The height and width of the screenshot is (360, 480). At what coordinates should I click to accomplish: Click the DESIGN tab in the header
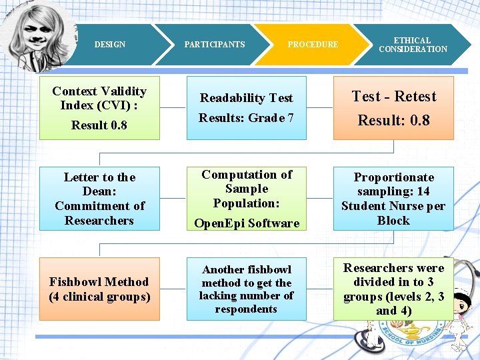pos(110,45)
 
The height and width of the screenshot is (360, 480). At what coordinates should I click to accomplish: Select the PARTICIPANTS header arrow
pos(214,45)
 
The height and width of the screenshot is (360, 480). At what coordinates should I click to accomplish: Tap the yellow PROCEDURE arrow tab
pos(313,45)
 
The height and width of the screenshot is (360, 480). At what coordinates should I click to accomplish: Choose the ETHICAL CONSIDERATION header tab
pos(413,45)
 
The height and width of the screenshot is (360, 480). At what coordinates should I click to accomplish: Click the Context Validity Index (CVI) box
pos(99,107)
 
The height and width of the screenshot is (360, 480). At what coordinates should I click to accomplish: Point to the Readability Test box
pos(246,107)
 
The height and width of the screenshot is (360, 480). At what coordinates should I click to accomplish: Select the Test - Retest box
pos(393,107)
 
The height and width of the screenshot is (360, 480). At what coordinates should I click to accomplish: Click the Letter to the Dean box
pos(99,199)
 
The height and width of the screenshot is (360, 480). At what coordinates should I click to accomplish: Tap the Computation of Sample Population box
pos(246,199)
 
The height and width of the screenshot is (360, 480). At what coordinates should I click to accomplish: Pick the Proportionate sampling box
pos(393,199)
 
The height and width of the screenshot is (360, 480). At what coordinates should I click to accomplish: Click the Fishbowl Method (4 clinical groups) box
pos(99,289)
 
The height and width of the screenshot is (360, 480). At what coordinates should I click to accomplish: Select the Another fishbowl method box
pos(246,289)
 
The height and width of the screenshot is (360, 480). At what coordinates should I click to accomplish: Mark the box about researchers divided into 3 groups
pos(393,289)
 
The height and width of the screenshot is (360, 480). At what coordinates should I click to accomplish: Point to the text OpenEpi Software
pos(246,223)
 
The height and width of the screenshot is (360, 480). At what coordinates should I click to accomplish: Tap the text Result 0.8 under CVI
pos(99,125)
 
